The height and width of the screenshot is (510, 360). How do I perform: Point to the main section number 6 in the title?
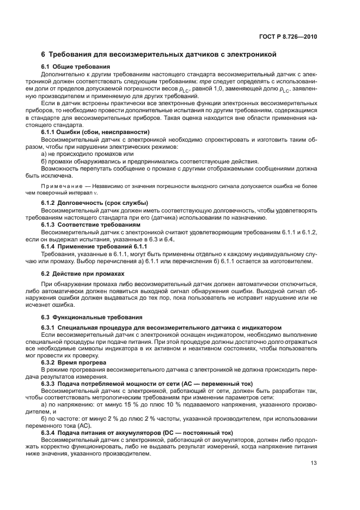pyautogui.click(x=44, y=54)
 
